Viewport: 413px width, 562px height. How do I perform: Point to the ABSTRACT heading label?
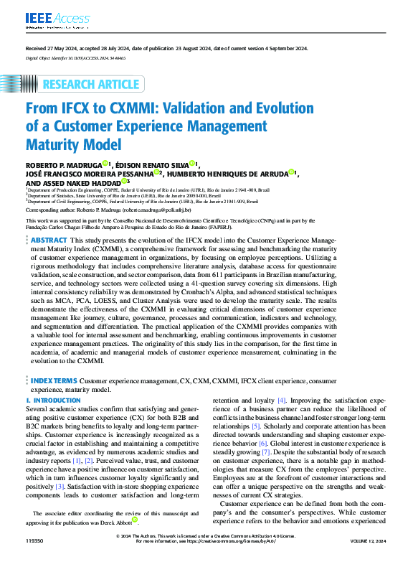49,240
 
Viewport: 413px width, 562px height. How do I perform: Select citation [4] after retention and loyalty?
282,399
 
